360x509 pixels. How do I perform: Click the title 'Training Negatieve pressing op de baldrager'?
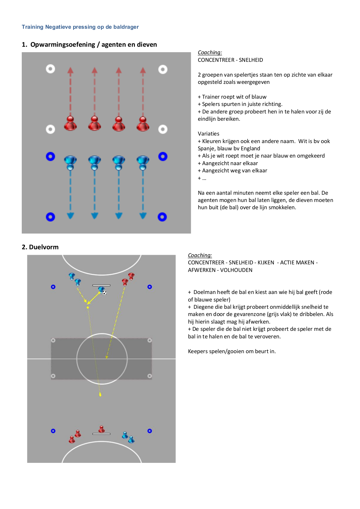point(80,27)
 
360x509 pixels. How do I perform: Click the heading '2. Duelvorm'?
point(40,247)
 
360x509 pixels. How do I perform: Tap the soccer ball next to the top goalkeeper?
point(104,293)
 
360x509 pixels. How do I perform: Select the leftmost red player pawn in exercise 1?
point(70,123)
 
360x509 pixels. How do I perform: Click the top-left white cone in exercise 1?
point(50,69)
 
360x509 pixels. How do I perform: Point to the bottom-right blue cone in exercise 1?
point(162,217)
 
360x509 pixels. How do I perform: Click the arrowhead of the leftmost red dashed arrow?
point(70,70)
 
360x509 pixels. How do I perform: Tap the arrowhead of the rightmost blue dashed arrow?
point(143,216)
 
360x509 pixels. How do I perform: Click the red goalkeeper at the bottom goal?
point(102,429)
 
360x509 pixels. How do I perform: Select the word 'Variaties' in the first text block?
point(209,134)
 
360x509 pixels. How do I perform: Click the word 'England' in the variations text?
point(250,149)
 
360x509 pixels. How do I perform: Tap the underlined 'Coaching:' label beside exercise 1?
point(210,53)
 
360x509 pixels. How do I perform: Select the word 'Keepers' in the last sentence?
point(198,351)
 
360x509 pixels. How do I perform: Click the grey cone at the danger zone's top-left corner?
point(53,340)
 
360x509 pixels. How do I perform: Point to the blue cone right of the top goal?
point(150,287)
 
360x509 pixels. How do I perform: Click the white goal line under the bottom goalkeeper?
point(101,434)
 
